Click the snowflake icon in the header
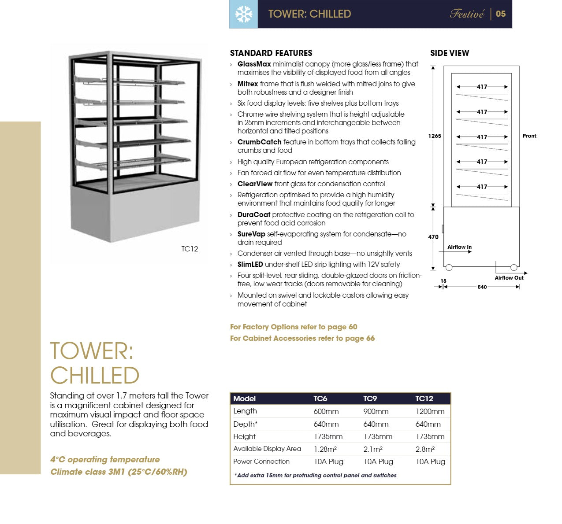point(243,14)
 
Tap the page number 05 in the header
point(501,14)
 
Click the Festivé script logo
point(467,14)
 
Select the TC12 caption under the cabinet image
point(190,249)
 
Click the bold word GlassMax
point(254,64)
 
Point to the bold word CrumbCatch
point(259,142)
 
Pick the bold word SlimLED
point(250,265)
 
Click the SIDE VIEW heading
point(450,53)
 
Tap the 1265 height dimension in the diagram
point(435,136)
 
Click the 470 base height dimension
point(433,237)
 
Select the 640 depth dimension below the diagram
point(482,287)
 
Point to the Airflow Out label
point(509,278)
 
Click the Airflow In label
point(459,247)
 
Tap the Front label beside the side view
point(529,136)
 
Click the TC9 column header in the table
point(370,399)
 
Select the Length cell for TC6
point(326,411)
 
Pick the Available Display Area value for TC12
point(425,449)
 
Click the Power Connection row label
point(261,461)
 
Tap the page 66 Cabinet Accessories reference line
point(302,339)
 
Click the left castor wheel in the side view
point(449,267)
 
